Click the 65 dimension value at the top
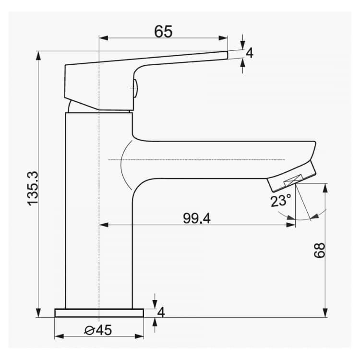[x=163, y=32]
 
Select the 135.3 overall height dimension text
[x=33, y=189]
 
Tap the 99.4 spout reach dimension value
[x=197, y=218]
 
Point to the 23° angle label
[x=281, y=201]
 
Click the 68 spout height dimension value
[x=320, y=251]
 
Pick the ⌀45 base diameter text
[x=98, y=330]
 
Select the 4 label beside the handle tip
[x=250, y=53]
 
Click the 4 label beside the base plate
[x=161, y=312]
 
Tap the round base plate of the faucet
[x=99, y=313]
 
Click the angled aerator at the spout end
[x=292, y=177]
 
